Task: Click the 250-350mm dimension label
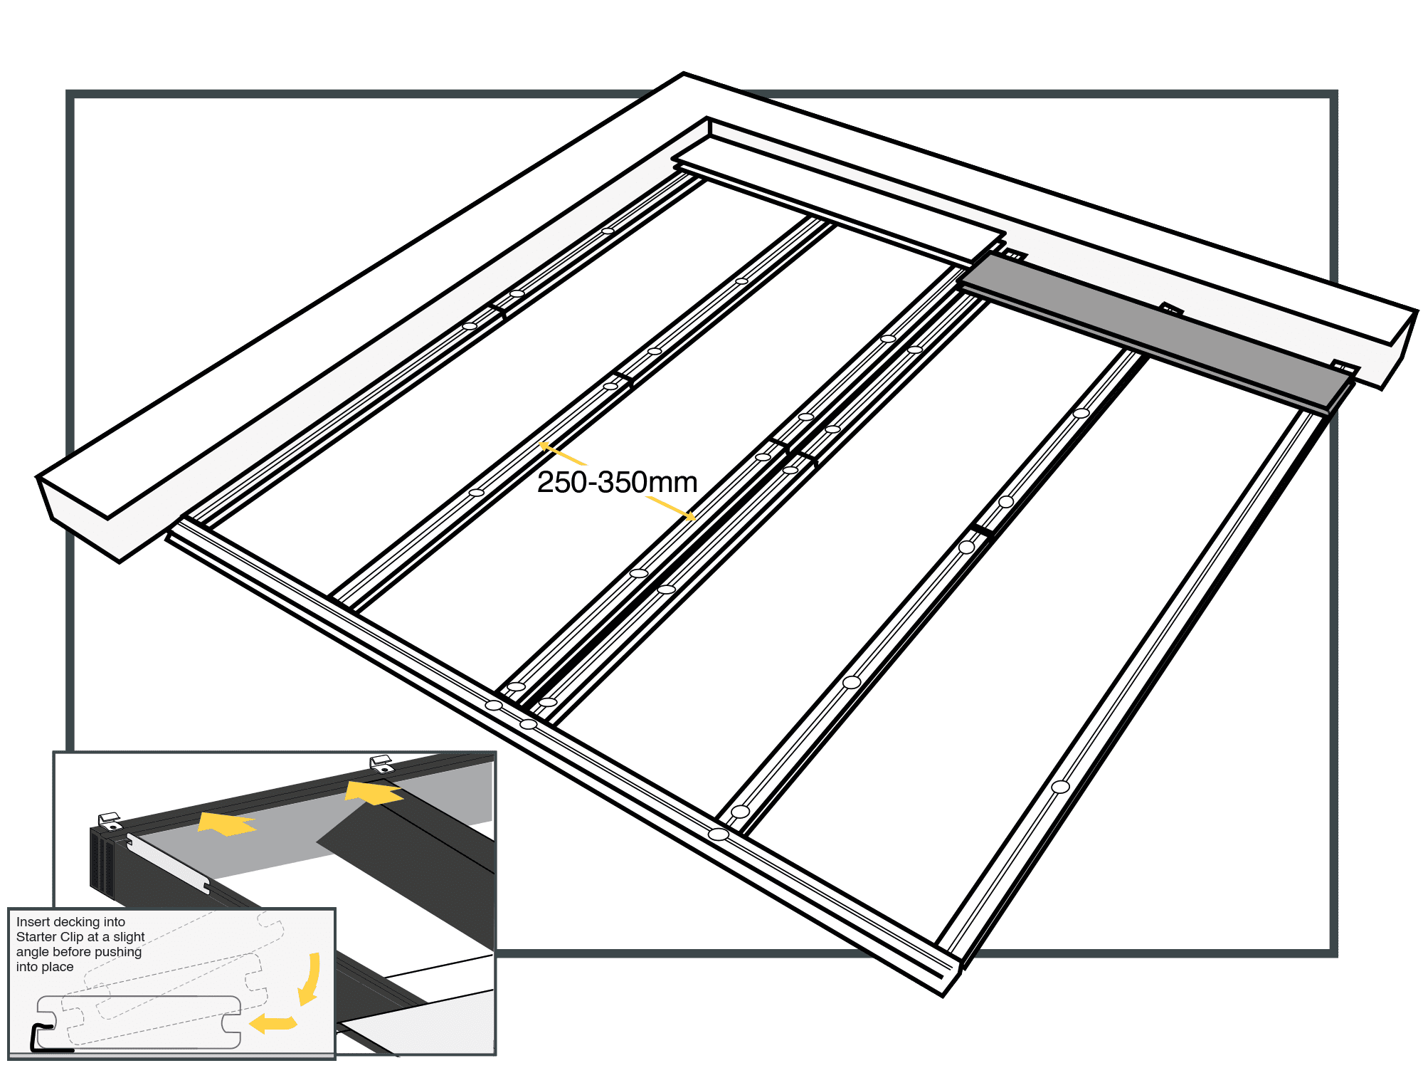coord(617,483)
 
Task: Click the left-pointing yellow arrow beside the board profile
coord(272,1023)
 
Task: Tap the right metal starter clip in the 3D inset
coord(382,763)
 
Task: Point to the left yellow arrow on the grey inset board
coord(226,824)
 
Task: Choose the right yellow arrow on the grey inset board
coord(374,792)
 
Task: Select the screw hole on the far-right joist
coord(1060,787)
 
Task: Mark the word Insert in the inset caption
coord(33,922)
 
